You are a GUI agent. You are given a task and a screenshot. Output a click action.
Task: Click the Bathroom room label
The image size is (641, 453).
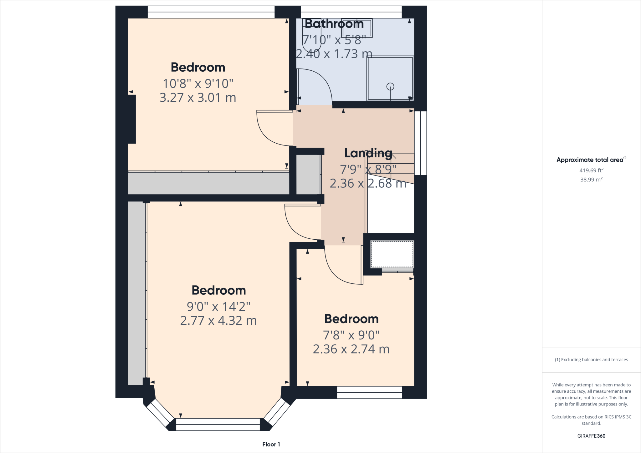pos(334,24)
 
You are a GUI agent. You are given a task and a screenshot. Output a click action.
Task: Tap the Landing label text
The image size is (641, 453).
pos(368,153)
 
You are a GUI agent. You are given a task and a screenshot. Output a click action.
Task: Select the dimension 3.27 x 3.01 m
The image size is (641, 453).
pos(197,98)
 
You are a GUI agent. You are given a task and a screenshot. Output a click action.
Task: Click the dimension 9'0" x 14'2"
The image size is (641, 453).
pos(218,307)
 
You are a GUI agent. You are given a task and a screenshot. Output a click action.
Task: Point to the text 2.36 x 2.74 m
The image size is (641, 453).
pos(351,349)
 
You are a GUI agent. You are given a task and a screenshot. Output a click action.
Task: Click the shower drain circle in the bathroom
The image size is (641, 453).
pos(390,86)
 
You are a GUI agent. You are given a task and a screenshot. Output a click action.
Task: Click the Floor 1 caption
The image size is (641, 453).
pos(271,444)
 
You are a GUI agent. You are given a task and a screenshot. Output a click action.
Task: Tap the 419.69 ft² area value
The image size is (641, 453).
pos(591,171)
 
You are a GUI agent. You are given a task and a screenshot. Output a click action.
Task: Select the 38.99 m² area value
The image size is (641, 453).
pos(591,180)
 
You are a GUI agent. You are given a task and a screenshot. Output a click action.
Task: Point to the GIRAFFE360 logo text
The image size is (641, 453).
pos(591,436)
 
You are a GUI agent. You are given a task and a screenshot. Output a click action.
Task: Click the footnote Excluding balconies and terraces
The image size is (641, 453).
pos(591,359)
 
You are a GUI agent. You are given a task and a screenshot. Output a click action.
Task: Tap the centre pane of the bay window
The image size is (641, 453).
pos(218,425)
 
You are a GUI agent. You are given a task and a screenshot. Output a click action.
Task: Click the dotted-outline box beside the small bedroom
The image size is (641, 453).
pos(392,254)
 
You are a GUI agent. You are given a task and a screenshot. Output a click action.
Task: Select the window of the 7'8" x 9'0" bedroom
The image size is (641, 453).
pos(369,392)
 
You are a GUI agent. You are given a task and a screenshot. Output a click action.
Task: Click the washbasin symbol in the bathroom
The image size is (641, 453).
pos(356,28)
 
